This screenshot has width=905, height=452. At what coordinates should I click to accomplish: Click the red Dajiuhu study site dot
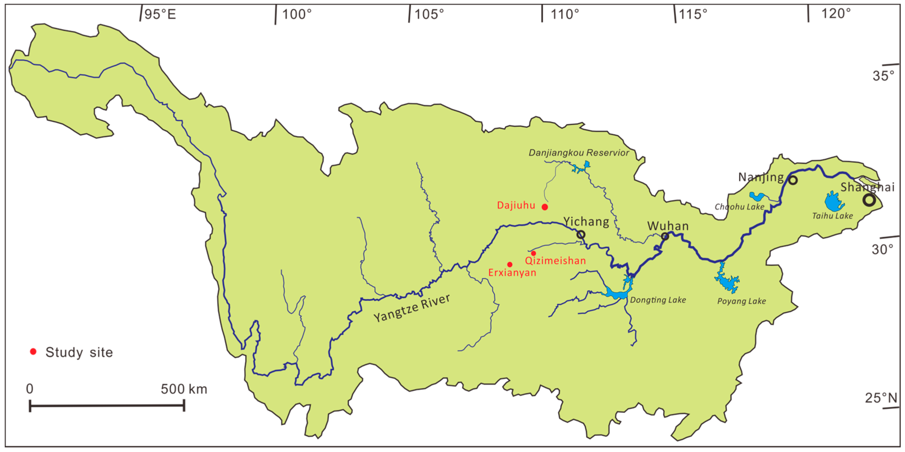click(545, 207)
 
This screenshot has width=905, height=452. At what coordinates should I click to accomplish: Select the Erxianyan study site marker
click(510, 265)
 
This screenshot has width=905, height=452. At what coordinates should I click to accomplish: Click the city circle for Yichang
click(581, 234)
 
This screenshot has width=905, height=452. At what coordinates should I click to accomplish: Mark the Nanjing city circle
click(793, 180)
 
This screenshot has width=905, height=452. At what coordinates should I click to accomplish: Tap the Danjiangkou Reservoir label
click(578, 153)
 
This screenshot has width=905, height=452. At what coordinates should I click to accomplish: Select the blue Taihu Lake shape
click(833, 202)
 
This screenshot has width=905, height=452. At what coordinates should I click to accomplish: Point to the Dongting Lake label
click(658, 300)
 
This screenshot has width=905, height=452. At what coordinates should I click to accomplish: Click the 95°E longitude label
click(160, 14)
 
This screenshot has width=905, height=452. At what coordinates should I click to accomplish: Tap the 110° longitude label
click(565, 14)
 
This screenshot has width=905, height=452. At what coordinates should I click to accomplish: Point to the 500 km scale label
click(184, 389)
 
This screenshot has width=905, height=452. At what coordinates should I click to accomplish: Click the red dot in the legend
click(33, 352)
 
